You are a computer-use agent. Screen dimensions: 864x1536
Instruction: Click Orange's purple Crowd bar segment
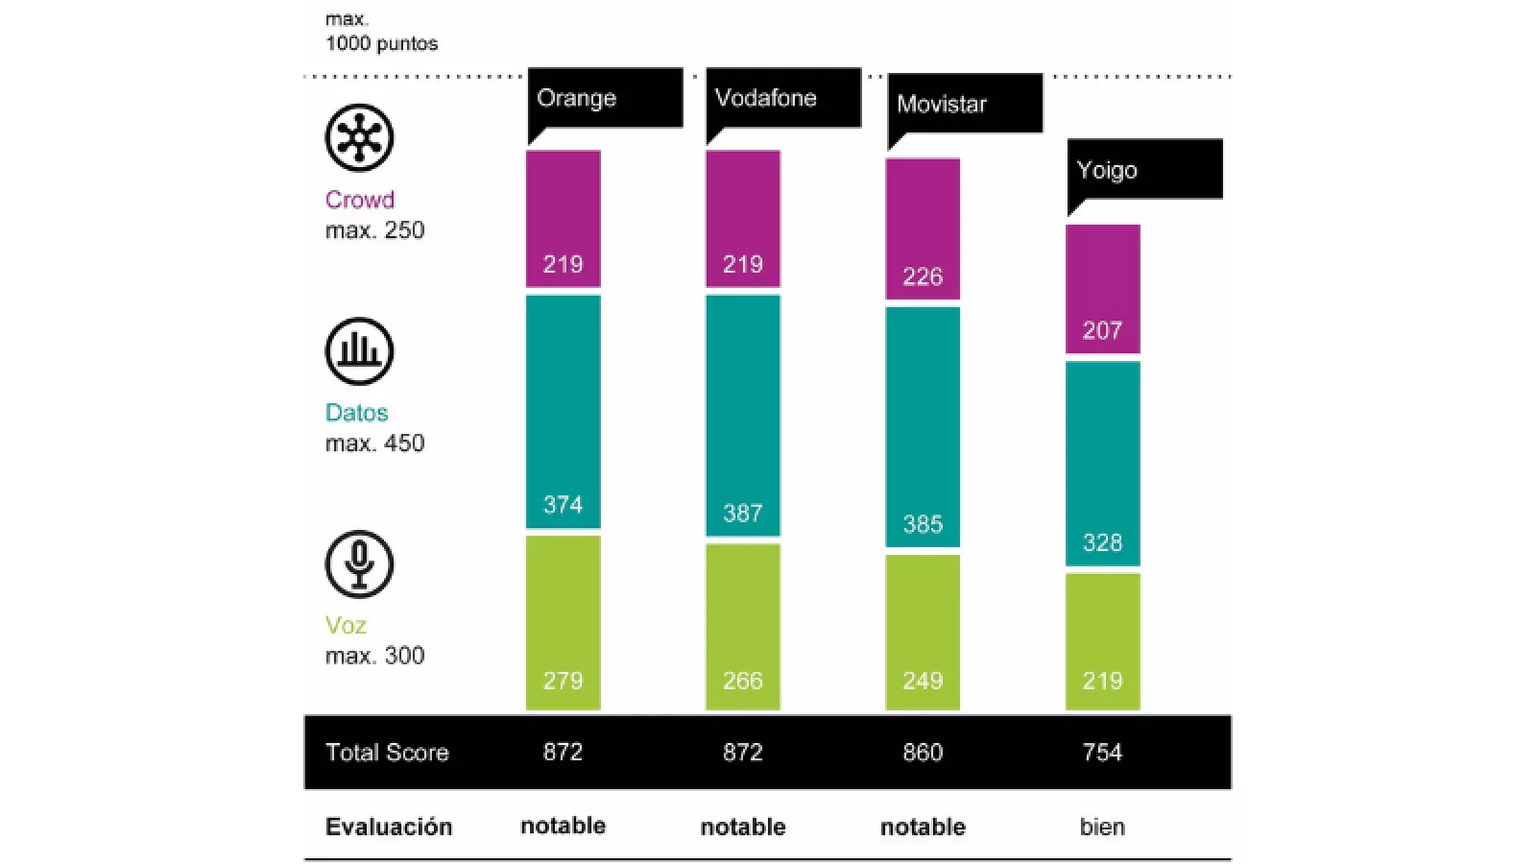point(563,218)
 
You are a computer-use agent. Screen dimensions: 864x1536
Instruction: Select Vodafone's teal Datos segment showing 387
point(742,415)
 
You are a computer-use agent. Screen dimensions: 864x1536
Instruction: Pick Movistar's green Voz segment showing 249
point(922,632)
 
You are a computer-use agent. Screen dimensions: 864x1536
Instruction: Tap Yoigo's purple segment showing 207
point(1102,288)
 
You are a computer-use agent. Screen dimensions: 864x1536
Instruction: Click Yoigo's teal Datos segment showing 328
point(1102,463)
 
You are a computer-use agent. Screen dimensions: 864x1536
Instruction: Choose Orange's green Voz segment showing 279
point(563,622)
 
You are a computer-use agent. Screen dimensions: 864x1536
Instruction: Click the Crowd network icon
point(359,138)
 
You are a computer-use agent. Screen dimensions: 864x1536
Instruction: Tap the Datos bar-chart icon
point(359,351)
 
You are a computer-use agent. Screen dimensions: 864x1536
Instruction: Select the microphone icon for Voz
point(359,564)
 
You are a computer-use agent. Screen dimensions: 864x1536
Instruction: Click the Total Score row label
point(387,753)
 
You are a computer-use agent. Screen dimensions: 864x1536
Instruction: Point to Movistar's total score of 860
point(922,753)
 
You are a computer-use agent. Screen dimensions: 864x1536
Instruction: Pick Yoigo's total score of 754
point(1102,753)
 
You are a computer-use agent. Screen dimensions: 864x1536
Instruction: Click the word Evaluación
point(388,827)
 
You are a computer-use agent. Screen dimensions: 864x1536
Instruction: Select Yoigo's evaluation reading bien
point(1102,827)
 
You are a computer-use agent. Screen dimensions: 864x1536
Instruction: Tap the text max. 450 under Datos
point(374,444)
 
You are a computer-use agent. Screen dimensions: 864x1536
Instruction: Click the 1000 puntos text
point(381,43)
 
